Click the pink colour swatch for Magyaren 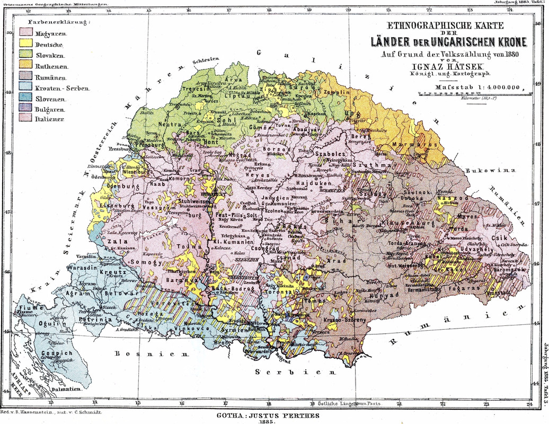25,33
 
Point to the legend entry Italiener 50,119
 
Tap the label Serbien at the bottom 289,372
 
